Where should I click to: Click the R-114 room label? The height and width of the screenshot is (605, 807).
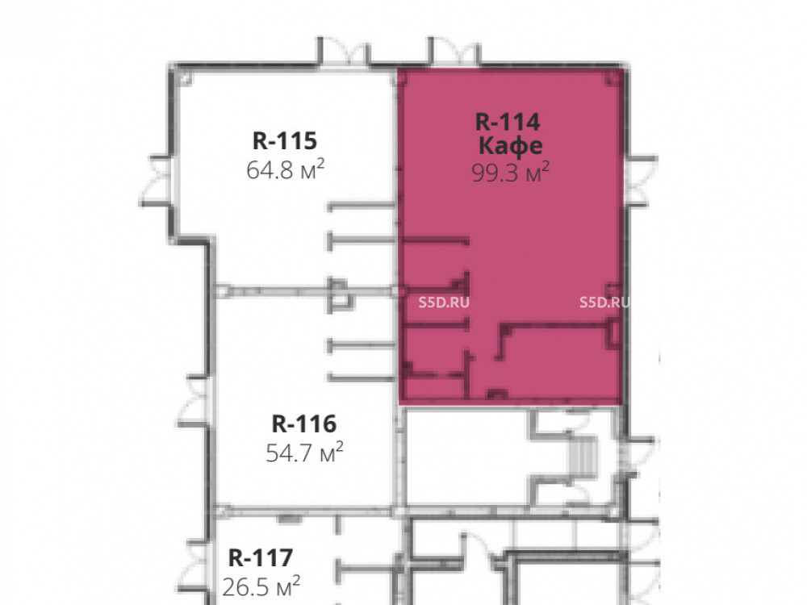[x=508, y=122]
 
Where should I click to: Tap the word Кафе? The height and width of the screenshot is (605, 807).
[x=510, y=145]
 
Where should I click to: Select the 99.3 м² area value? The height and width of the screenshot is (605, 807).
[x=511, y=173]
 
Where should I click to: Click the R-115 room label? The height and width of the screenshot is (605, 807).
[x=285, y=140]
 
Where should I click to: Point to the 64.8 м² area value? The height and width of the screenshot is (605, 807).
[x=286, y=169]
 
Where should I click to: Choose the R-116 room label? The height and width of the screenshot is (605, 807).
[x=303, y=424]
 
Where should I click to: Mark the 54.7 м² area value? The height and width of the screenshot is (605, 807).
[x=305, y=453]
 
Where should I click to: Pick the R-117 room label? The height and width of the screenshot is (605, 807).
[x=261, y=557]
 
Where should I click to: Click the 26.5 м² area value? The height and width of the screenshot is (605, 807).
[x=261, y=586]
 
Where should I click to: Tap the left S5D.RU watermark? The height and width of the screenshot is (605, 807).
[x=444, y=302]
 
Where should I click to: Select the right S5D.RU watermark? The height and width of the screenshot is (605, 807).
[x=604, y=302]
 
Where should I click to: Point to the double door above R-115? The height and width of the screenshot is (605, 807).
[x=344, y=52]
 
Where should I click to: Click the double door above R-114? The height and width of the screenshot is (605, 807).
[x=454, y=52]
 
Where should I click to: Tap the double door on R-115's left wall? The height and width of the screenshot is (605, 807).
[x=156, y=181]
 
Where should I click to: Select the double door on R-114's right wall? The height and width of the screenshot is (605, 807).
[x=642, y=181]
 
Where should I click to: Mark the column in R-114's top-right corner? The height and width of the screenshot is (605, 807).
[x=613, y=77]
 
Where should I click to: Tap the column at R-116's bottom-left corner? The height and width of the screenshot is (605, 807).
[x=221, y=511]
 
